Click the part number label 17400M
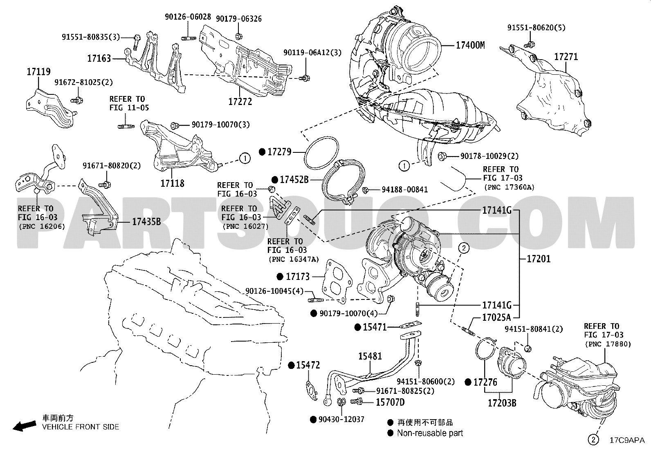(x=470, y=45)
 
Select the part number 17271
(x=566, y=57)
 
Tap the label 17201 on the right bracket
(x=539, y=259)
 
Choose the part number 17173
(x=298, y=277)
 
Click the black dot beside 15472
(x=291, y=365)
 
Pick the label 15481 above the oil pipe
(x=370, y=356)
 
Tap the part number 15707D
(x=390, y=402)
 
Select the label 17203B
(x=502, y=403)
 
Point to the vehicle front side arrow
(x=24, y=426)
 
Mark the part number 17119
(x=39, y=72)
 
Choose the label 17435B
(x=146, y=222)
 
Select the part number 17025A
(x=497, y=317)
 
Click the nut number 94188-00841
(x=405, y=190)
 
